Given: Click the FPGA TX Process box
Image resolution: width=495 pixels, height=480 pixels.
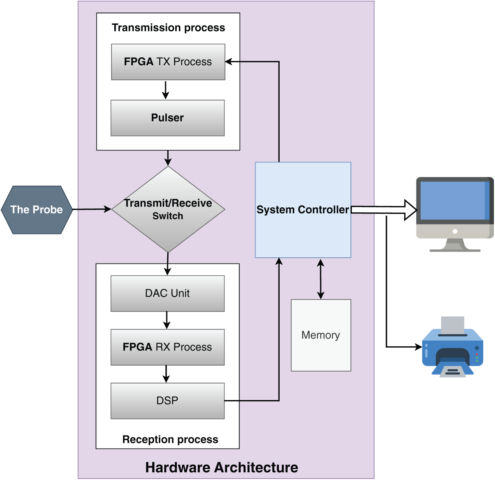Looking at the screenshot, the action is tap(168, 62).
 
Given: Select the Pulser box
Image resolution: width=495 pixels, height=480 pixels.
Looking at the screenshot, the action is tap(168, 118).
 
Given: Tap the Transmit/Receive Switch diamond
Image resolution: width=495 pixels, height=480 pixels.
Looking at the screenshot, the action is tap(168, 209).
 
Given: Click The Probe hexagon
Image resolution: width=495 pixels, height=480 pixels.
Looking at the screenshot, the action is tap(37, 210).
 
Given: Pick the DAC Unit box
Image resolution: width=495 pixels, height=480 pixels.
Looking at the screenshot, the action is tap(168, 293).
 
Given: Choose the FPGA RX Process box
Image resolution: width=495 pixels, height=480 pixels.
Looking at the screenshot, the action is tap(168, 347).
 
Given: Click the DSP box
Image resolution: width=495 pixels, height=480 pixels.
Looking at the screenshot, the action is tap(168, 401).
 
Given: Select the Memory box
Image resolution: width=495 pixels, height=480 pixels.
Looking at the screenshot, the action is tap(321, 335).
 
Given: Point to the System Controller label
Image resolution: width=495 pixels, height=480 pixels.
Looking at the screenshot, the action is tap(303, 210).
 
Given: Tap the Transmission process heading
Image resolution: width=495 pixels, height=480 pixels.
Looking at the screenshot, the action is tap(168, 28).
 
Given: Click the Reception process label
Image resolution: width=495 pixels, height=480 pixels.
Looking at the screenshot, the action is tap(170, 439).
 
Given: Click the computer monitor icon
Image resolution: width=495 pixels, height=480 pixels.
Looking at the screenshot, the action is tap(455, 214).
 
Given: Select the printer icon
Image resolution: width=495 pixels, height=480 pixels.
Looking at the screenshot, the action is tap(453, 347).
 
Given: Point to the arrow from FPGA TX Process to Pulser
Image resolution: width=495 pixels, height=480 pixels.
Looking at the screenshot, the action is tap(166, 90).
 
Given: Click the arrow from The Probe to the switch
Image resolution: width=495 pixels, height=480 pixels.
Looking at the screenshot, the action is tap(92, 209).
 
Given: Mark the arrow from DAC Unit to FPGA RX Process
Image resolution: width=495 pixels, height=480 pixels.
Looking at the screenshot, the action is tap(166, 320).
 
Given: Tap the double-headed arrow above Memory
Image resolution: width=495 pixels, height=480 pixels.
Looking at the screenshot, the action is tap(321, 279).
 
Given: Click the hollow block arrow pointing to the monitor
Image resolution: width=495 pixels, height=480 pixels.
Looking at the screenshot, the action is tap(384, 210).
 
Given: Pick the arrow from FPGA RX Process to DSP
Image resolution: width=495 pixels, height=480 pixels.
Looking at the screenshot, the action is tap(166, 374).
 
